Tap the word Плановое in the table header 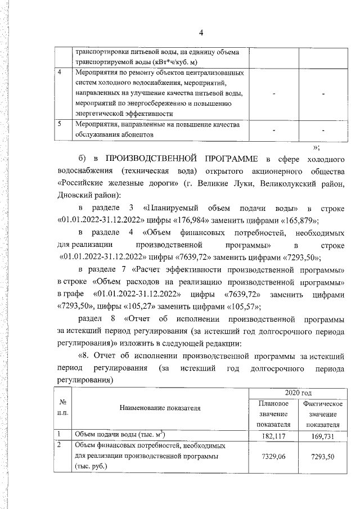273,404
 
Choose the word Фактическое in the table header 323,404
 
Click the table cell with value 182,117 273,435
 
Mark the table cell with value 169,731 323,435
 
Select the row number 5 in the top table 60,124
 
